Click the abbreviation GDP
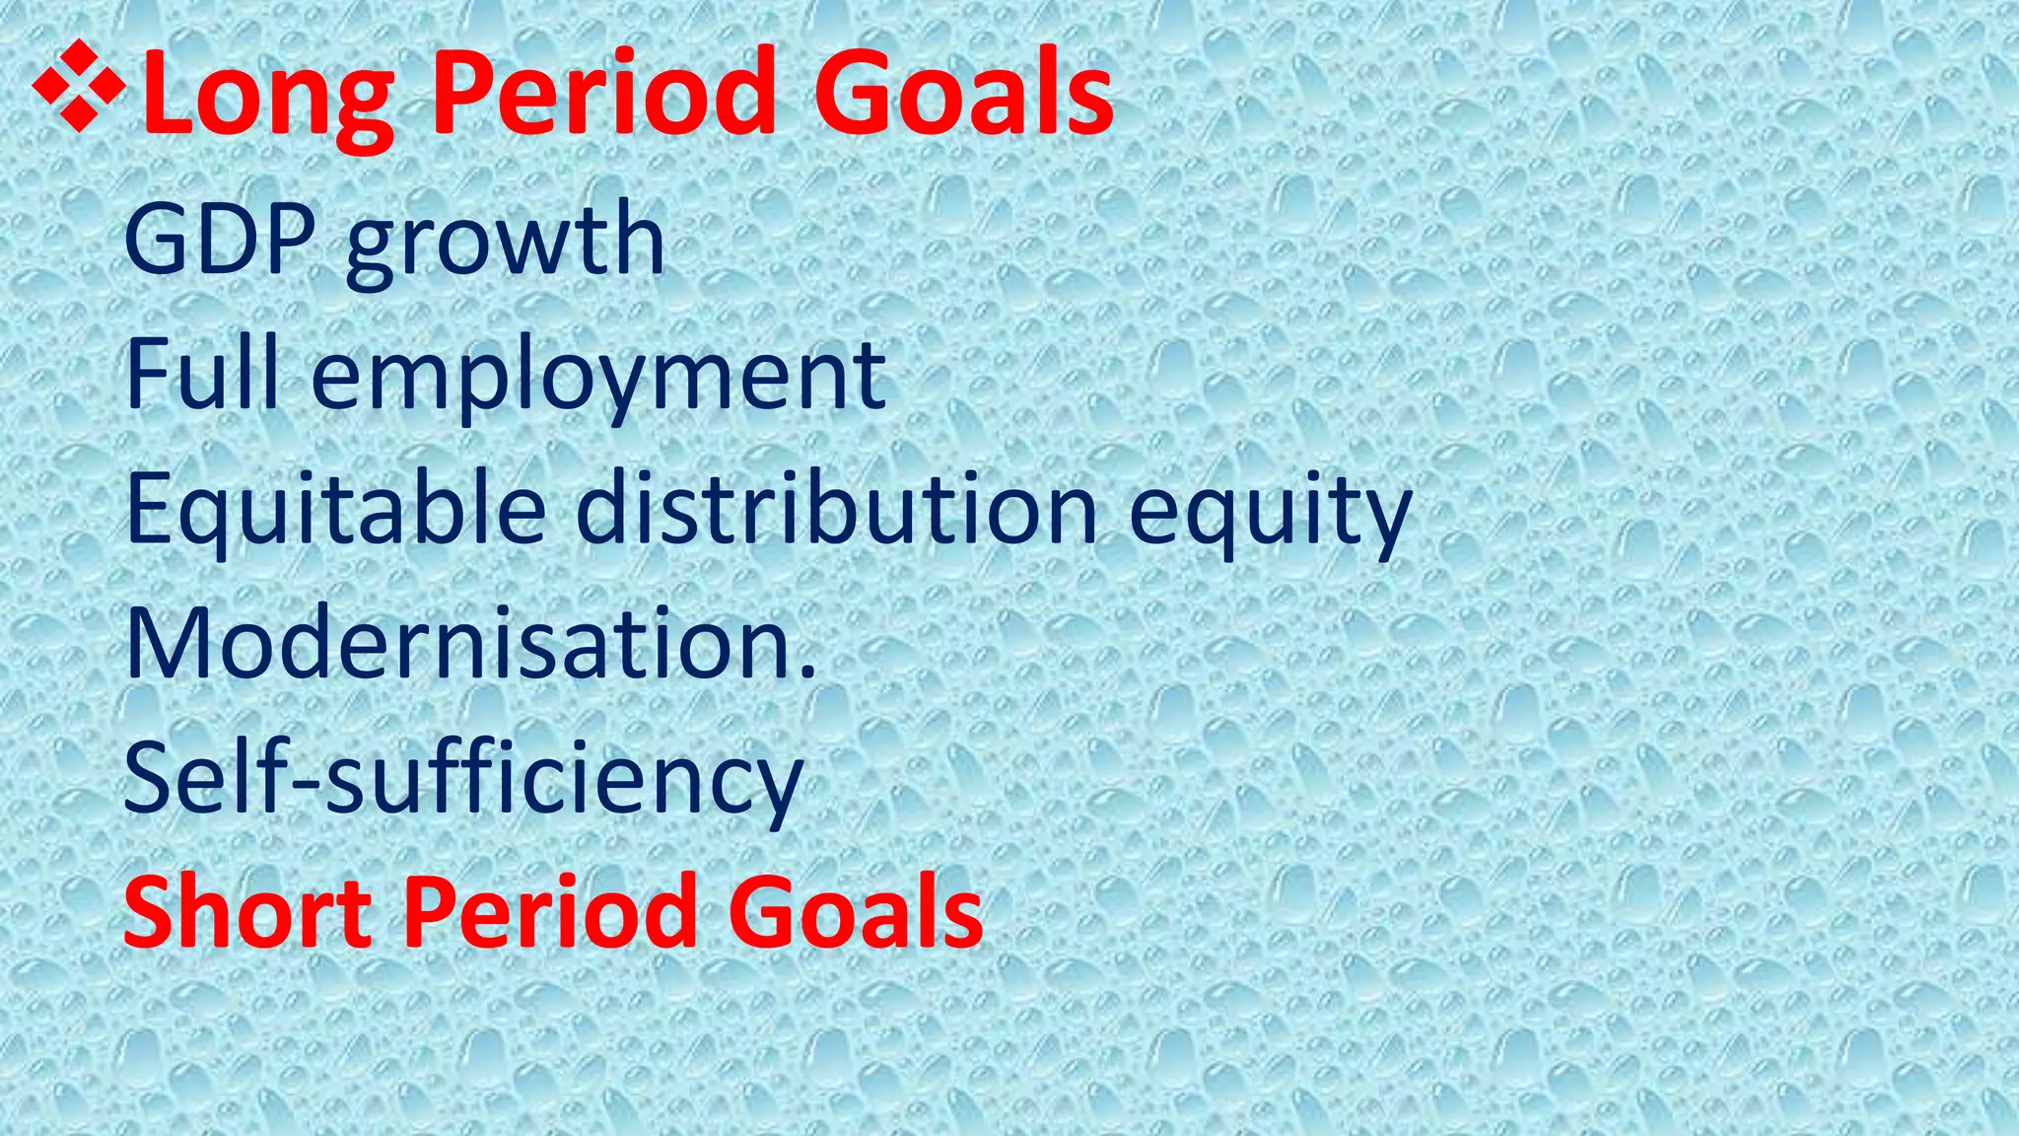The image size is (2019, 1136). pos(220,240)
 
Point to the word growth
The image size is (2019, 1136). pos(505,244)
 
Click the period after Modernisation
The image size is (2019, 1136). pos(808,674)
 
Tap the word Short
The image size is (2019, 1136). pos(246,912)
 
